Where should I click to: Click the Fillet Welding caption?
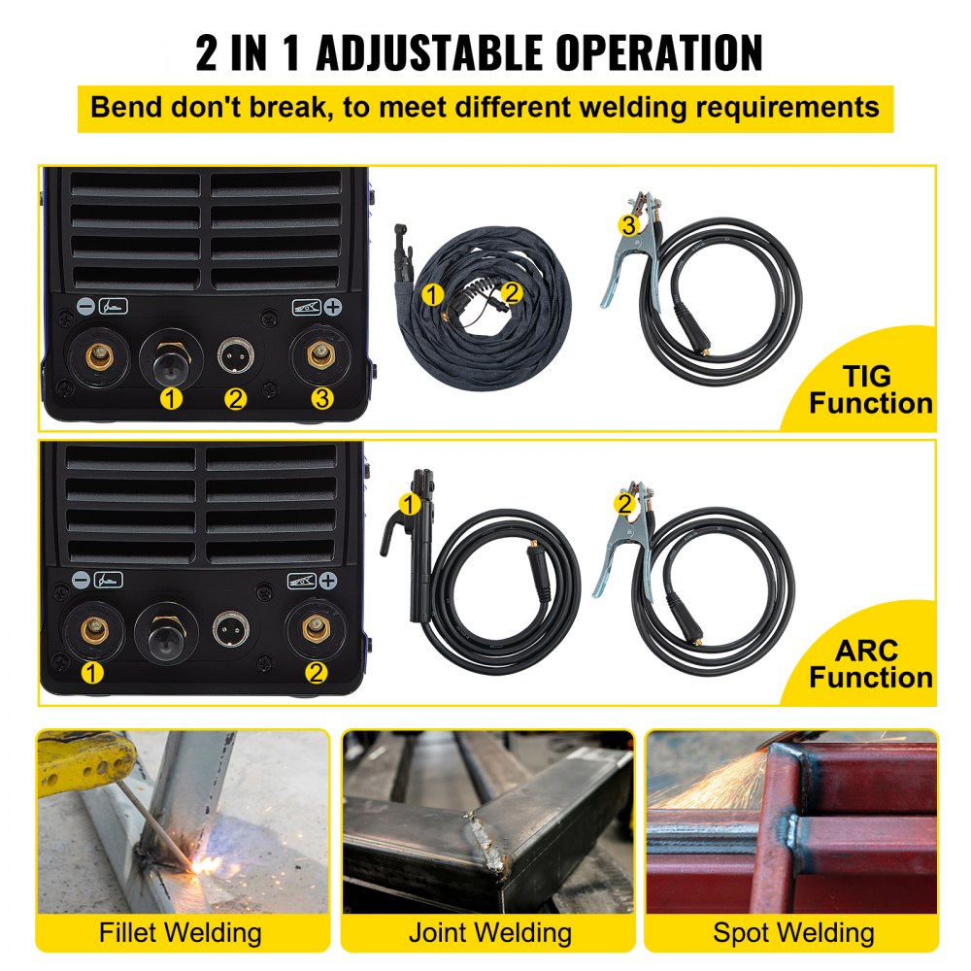point(181,933)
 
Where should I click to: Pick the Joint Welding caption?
point(489,933)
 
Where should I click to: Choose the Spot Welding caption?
point(793,933)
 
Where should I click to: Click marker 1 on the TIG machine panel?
point(171,398)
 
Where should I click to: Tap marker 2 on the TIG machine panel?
point(236,398)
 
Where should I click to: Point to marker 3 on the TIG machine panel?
point(321,398)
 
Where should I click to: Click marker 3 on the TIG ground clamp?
point(629,225)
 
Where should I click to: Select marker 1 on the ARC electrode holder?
point(411,503)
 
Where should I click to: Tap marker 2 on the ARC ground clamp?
point(624,503)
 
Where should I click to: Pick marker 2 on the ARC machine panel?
point(316,672)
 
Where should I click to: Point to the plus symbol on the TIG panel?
point(333,308)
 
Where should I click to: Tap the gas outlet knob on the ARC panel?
point(167,631)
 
